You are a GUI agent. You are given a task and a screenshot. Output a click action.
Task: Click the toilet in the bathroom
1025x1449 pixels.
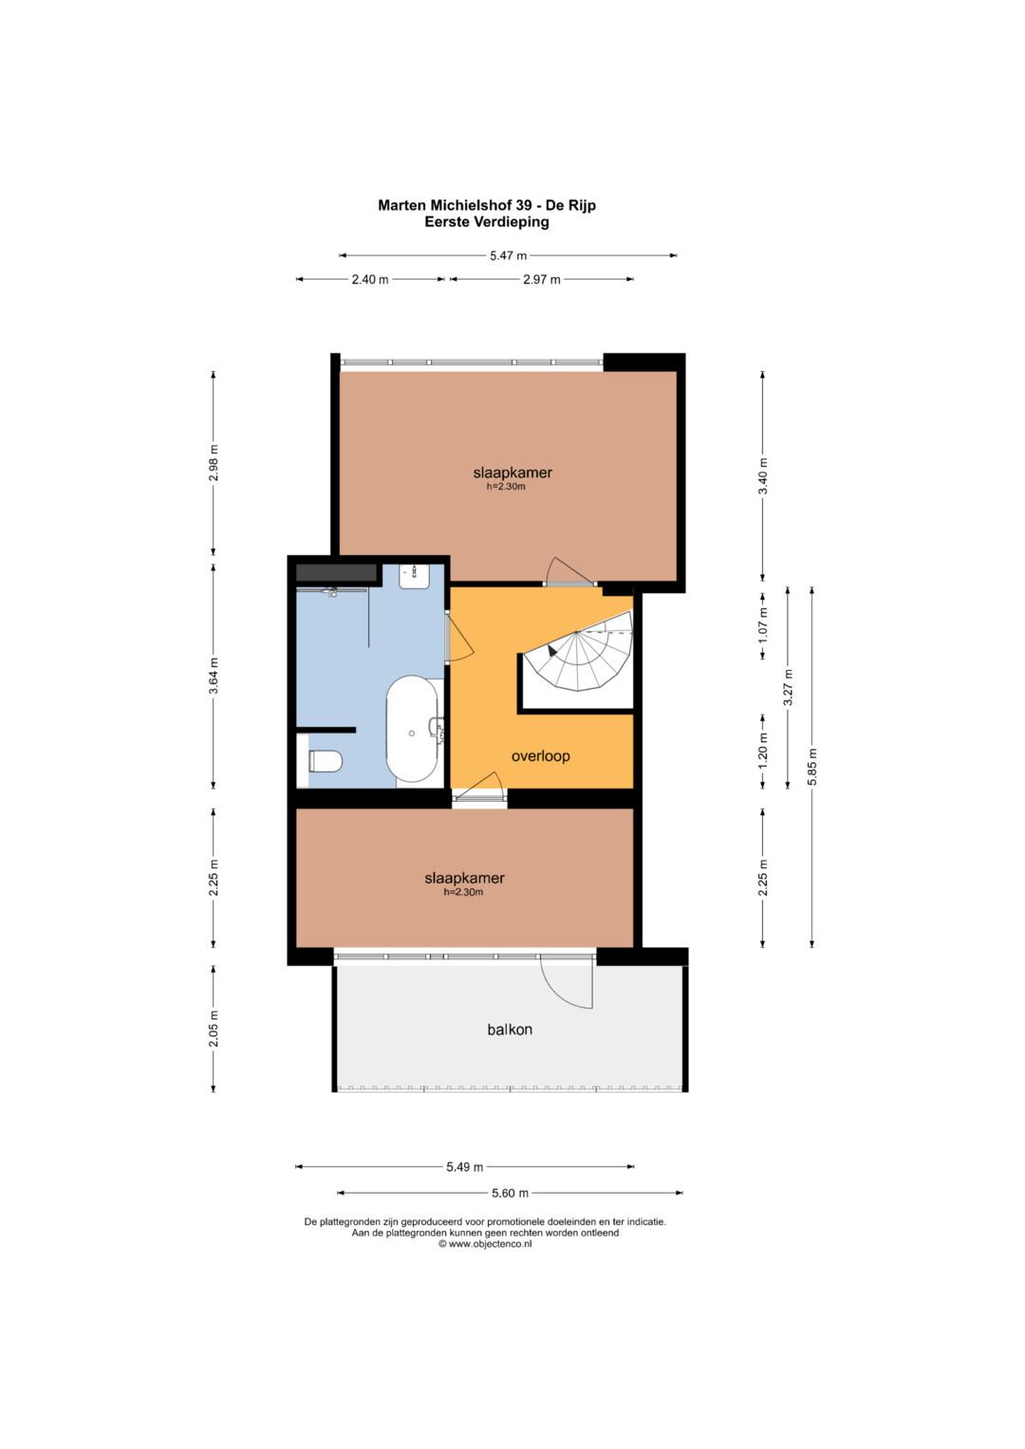click(325, 761)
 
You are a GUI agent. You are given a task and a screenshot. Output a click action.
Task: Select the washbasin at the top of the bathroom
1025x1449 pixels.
click(414, 576)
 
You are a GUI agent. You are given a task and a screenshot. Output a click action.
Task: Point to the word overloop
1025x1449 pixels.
click(540, 755)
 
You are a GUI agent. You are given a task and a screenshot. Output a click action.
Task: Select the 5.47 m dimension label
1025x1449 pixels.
click(508, 255)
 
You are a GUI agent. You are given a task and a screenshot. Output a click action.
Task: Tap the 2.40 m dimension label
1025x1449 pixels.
click(370, 279)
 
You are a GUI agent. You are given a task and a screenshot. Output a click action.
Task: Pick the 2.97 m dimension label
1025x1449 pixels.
click(542, 279)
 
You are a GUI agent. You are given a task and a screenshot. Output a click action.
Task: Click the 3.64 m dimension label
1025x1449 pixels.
click(214, 676)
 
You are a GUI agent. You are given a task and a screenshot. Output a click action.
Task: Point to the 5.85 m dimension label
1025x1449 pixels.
click(812, 767)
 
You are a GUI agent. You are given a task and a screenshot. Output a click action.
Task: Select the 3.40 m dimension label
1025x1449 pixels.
click(763, 475)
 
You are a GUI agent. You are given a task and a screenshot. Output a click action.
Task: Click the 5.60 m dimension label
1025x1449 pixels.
click(510, 1193)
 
